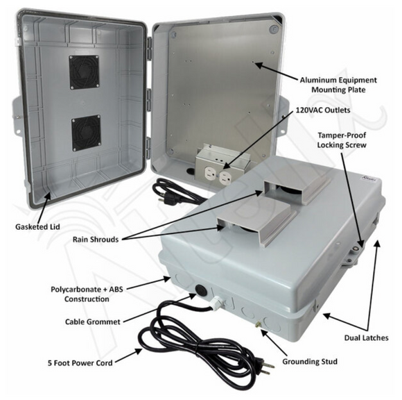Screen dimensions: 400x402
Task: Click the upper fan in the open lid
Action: tap(84, 72)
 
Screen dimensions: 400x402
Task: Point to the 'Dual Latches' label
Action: tap(364, 337)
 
